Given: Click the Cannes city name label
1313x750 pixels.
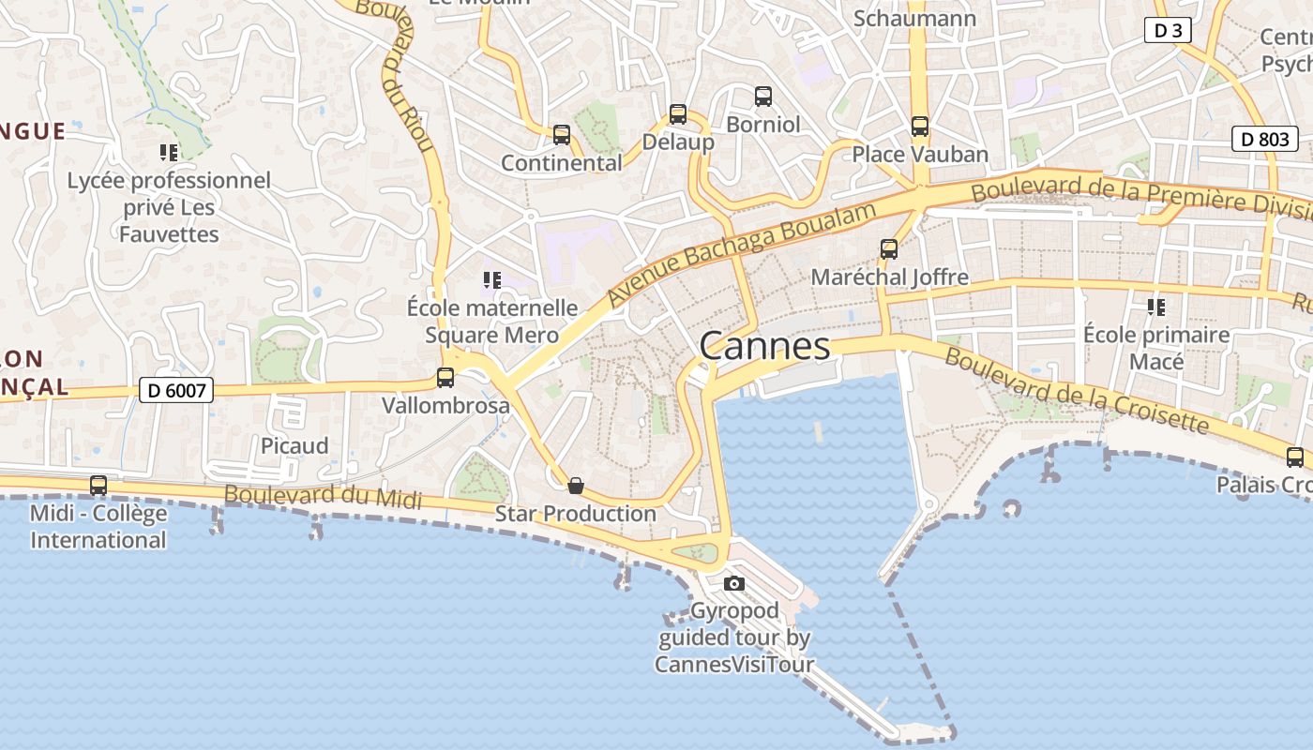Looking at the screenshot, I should (x=764, y=346).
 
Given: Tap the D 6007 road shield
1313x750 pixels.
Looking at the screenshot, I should (x=176, y=390).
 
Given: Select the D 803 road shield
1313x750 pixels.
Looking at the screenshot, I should (x=1264, y=140).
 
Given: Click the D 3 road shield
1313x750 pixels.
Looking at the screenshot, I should (x=1168, y=31).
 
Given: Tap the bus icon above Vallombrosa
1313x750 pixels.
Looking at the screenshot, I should (x=445, y=378).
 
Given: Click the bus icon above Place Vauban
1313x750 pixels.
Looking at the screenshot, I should (x=920, y=127).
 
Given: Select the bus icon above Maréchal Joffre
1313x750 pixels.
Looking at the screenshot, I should (x=889, y=249).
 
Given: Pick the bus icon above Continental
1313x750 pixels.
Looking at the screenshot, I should (x=562, y=135).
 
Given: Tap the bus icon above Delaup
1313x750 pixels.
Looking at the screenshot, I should (x=678, y=114).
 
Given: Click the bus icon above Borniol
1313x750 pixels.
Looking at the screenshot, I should (x=763, y=96).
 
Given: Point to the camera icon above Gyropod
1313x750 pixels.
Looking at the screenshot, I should (x=734, y=584).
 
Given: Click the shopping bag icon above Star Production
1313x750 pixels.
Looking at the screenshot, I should (x=576, y=486).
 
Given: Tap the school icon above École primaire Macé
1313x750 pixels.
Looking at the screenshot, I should (x=1156, y=307).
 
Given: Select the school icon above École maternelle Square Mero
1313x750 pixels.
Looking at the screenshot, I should (x=491, y=279).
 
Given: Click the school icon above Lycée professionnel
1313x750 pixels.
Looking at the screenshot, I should (x=169, y=152).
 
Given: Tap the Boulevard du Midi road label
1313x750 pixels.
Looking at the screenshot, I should (x=323, y=497).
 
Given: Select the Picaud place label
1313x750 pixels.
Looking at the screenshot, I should (x=294, y=445).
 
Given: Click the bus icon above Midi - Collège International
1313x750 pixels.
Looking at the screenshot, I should (x=98, y=485).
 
